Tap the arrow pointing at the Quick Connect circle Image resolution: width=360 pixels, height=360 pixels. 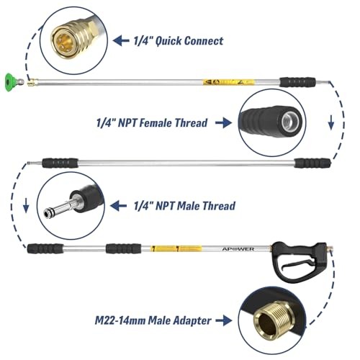pyautogui.click(x=121, y=41)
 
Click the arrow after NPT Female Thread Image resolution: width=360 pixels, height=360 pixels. pyautogui.click(x=223, y=123)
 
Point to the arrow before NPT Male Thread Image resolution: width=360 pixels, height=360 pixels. pyautogui.click(x=118, y=206)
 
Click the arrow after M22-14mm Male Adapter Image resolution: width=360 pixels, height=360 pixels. pyautogui.click(x=224, y=320)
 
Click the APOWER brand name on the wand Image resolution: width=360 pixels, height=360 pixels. pyautogui.click(x=238, y=249)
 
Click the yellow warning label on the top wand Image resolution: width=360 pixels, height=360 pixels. pyautogui.click(x=228, y=82)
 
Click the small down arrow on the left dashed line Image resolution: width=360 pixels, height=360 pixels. pyautogui.click(x=26, y=205)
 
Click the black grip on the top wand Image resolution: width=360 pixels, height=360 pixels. pyautogui.click(x=297, y=82)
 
